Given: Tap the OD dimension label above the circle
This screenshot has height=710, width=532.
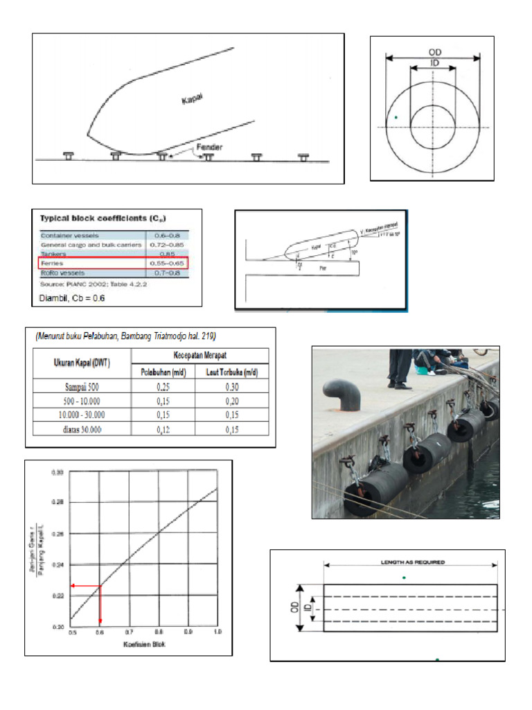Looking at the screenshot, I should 434,52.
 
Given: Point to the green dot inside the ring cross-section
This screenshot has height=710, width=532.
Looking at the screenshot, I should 396,117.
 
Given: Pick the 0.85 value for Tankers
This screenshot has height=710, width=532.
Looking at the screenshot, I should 159,254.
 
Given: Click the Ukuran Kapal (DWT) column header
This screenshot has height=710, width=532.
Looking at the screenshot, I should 82,363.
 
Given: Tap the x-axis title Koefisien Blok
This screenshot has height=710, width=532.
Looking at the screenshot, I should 144,645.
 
